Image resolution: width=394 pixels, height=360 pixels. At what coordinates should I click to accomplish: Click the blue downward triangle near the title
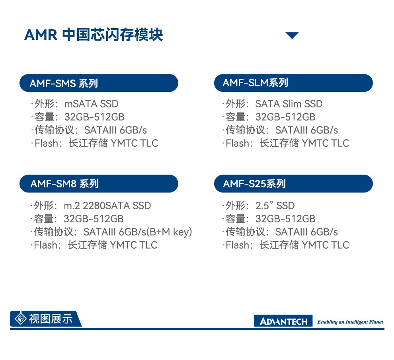[292, 35]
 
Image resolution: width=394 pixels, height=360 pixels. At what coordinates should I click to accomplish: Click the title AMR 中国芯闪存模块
[94, 35]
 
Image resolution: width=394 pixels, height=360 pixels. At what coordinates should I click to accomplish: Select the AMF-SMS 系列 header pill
[99, 83]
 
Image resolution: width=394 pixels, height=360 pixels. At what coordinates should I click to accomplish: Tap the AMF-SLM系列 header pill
[293, 83]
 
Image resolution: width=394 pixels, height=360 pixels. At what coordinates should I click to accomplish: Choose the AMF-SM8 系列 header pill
[99, 184]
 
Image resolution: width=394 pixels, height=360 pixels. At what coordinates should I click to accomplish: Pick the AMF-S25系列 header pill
[293, 184]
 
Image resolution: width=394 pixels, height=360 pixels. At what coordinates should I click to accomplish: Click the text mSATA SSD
[92, 104]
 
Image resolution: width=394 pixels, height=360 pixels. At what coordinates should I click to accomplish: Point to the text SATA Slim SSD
[289, 104]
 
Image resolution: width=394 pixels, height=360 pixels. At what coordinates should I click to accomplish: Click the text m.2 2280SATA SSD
[107, 206]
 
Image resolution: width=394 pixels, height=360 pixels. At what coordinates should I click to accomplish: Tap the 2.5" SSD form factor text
[275, 206]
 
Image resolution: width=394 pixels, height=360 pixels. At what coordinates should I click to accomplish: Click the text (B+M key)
[170, 232]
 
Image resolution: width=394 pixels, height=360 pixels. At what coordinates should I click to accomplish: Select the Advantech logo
[283, 321]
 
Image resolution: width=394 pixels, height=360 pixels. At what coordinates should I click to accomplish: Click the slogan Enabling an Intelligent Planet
[350, 322]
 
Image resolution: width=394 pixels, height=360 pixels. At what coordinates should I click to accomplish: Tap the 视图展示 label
[51, 319]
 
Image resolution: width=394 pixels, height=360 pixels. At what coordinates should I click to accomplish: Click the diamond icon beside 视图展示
[21, 319]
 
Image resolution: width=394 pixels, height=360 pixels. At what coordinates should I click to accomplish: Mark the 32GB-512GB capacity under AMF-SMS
[94, 117]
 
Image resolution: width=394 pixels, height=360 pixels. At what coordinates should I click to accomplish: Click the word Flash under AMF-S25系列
[237, 245]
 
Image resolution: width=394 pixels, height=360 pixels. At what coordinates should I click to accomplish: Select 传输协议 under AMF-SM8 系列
[53, 232]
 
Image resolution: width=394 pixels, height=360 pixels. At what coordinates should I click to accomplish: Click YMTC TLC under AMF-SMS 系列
[135, 143]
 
